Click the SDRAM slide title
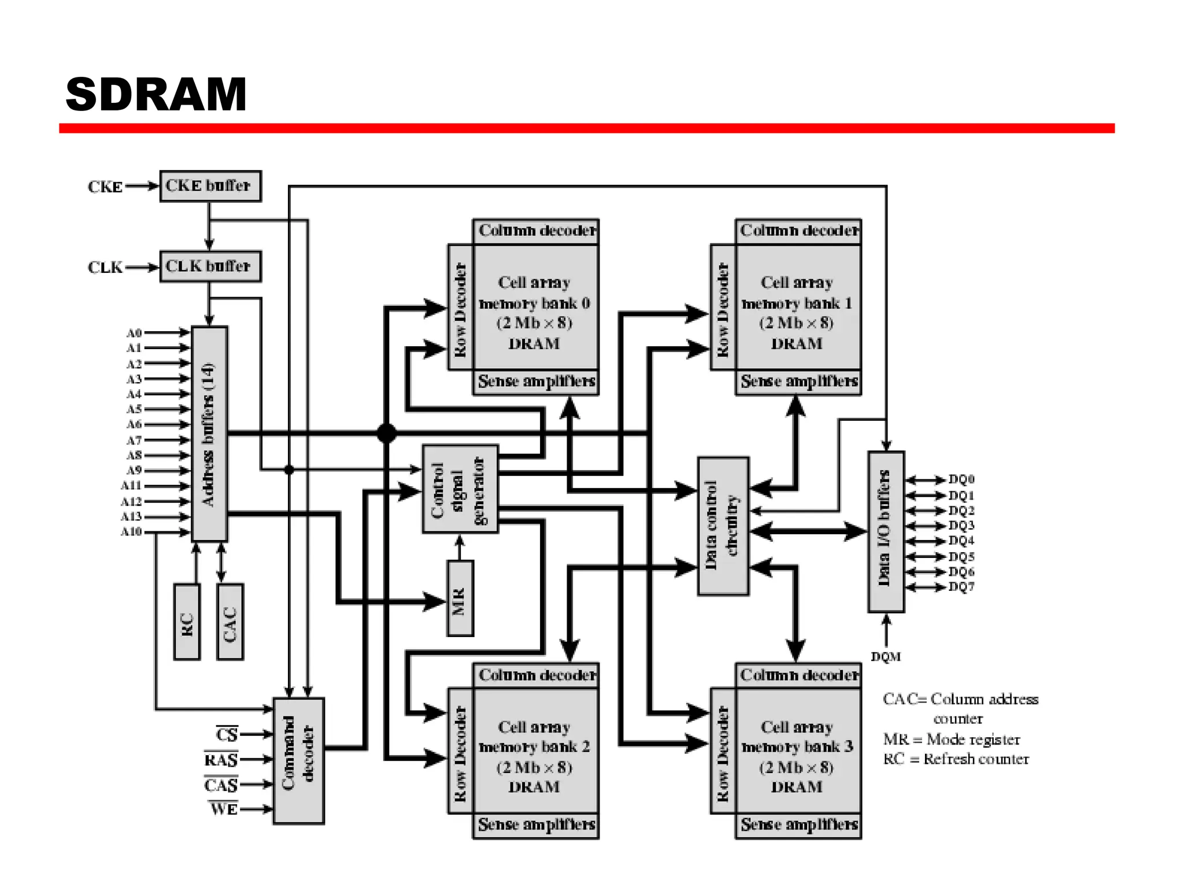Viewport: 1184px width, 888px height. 156,95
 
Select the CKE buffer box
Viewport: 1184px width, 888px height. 210,186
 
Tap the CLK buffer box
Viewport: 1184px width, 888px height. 210,267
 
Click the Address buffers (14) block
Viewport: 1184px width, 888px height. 209,434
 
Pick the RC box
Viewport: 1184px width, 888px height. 187,622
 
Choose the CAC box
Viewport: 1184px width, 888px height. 230,622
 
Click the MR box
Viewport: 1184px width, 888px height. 460,599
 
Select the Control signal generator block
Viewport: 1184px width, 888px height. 460,489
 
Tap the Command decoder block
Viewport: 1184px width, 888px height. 298,761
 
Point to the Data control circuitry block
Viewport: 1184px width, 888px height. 723,526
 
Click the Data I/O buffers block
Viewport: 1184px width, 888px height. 886,532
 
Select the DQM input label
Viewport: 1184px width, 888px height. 886,657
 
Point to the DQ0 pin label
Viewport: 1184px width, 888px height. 961,479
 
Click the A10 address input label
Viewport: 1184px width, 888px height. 131,532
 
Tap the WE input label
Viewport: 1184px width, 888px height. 224,809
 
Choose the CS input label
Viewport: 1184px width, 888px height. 227,734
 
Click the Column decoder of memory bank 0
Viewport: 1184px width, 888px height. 536,231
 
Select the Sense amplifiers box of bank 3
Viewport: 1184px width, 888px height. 798,824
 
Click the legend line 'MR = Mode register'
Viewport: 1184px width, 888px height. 951,739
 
